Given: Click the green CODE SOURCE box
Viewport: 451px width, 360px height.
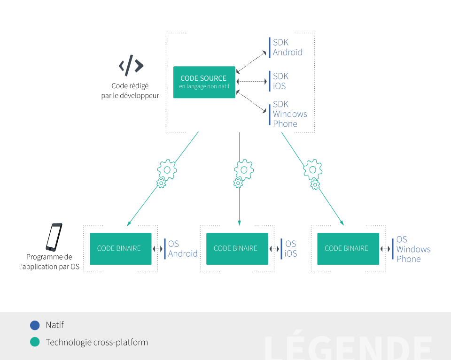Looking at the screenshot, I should [204, 82].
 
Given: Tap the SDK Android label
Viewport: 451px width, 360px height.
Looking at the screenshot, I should [287, 47].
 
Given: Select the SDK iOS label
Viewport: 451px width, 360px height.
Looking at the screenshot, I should [280, 81].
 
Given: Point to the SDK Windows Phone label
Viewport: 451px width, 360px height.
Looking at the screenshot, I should [289, 114].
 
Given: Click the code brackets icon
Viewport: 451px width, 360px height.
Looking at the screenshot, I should [131, 65].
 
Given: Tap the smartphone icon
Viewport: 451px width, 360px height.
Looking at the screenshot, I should [54, 237].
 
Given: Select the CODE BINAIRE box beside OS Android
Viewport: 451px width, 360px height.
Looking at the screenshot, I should [120, 248].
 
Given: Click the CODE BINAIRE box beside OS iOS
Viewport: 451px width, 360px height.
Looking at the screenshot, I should [237, 248].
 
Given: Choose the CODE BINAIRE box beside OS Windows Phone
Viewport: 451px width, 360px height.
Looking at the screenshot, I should [348, 248].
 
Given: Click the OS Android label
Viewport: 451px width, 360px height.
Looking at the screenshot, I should [182, 249].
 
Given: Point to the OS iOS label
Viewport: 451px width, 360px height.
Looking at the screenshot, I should [290, 249].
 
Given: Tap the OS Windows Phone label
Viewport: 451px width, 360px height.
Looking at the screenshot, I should [413, 249].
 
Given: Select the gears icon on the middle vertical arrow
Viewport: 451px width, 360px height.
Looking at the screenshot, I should [242, 173].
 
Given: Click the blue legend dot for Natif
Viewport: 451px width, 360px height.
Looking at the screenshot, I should [35, 325].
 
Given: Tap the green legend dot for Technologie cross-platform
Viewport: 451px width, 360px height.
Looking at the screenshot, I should [35, 342].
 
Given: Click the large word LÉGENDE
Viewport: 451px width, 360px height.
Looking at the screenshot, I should [348, 348].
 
